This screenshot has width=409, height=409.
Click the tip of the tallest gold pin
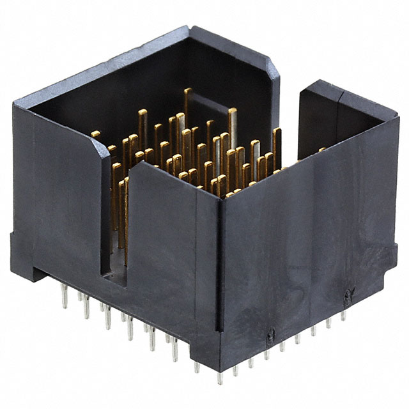click(187, 91)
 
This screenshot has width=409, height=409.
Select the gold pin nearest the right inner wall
click(277, 132)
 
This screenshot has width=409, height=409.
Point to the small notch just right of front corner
click(270, 333)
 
